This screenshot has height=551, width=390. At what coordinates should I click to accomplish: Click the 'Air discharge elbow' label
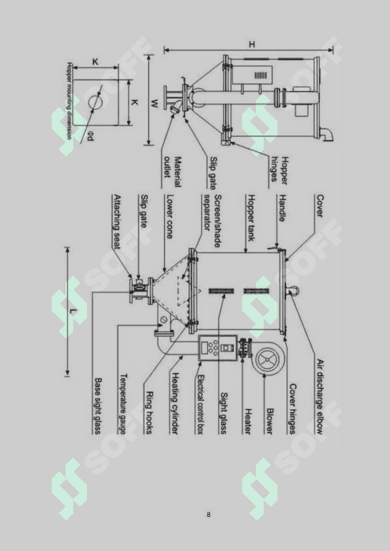[319, 397]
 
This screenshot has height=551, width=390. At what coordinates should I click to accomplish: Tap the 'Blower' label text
[270, 421]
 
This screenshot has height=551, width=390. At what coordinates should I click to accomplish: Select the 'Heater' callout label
[248, 421]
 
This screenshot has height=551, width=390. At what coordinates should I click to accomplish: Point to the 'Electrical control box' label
[200, 405]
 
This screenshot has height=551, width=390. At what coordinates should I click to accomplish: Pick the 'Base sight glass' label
[97, 406]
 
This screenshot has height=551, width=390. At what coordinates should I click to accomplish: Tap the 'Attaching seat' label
[117, 222]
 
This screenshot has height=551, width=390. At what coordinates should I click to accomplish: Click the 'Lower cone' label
[169, 217]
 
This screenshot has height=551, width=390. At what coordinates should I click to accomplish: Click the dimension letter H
[252, 44]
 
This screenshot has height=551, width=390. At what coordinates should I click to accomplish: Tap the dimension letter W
[155, 103]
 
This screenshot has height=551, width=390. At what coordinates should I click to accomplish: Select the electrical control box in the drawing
[215, 348]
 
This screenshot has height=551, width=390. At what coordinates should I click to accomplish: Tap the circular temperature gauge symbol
[164, 319]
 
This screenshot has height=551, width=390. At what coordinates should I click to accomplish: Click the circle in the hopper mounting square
[96, 102]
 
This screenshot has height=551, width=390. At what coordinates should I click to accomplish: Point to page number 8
[209, 515]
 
